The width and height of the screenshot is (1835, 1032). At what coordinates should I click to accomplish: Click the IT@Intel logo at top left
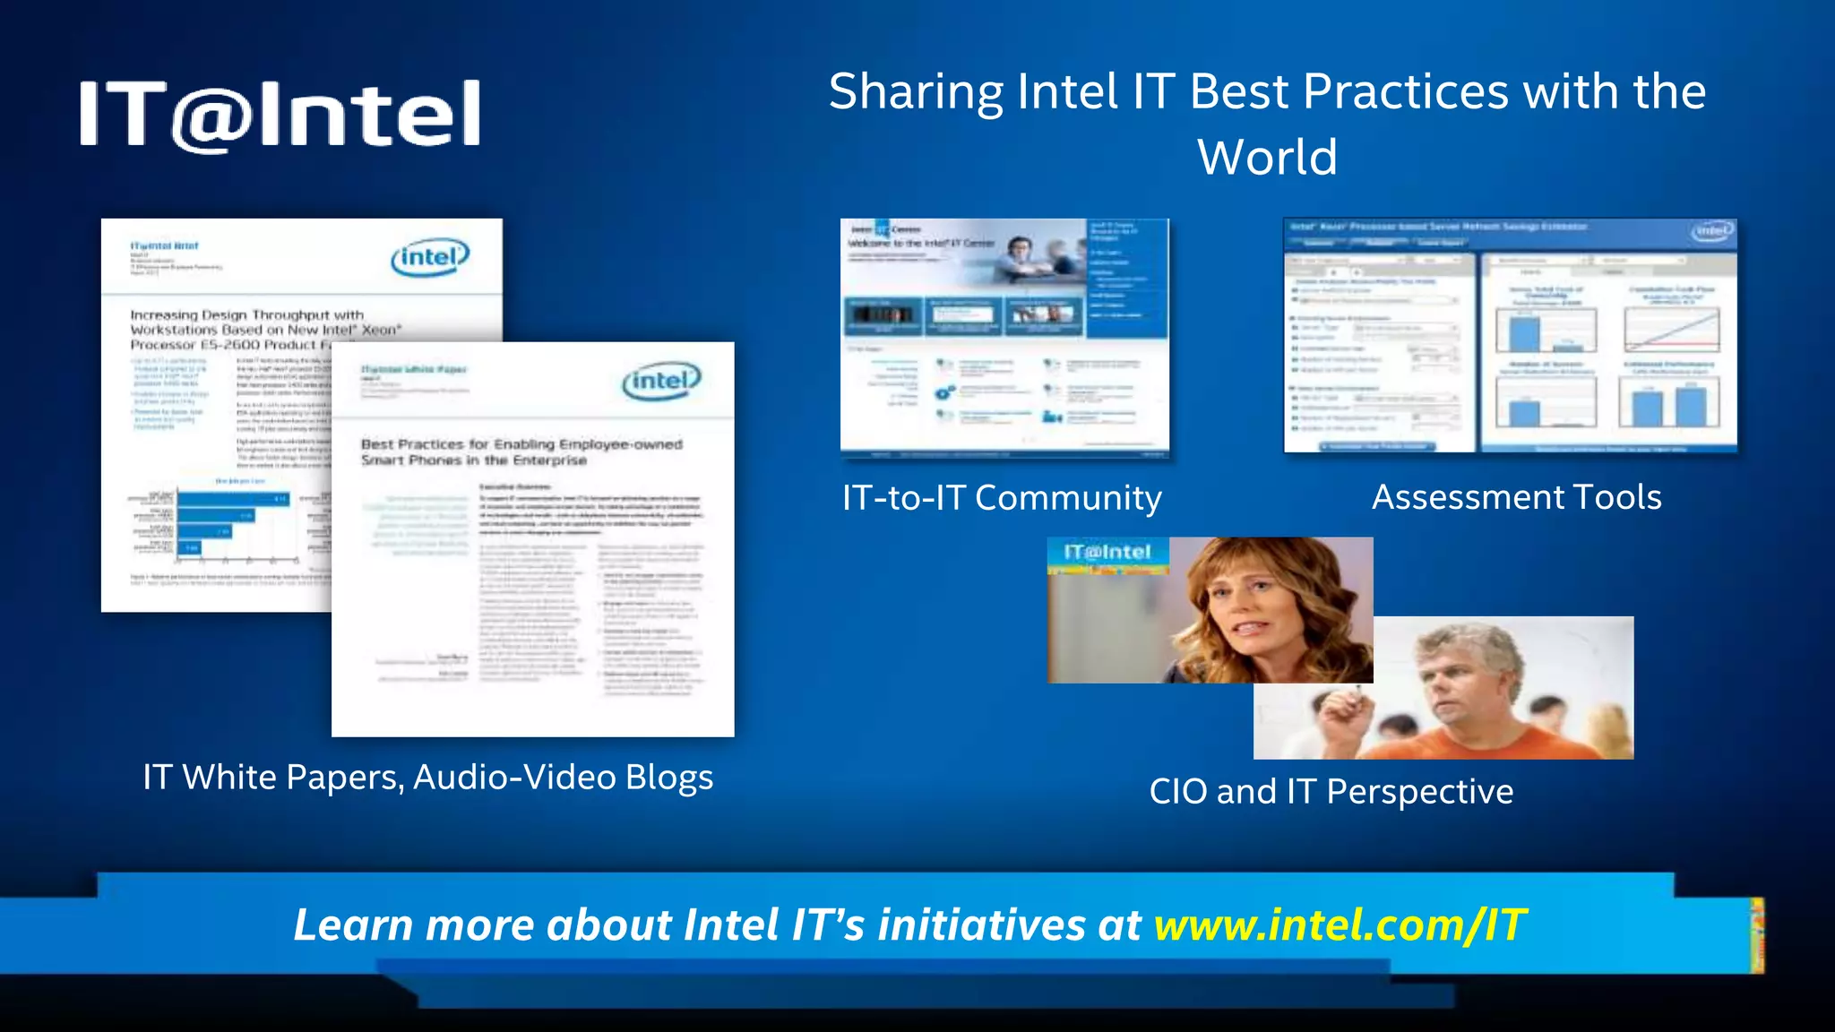[x=280, y=114]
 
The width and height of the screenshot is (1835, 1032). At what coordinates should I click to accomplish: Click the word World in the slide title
[x=1267, y=158]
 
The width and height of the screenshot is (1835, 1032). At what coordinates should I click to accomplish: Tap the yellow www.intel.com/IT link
[x=1340, y=925]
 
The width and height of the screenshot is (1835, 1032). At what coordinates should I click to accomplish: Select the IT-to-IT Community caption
[x=1002, y=498]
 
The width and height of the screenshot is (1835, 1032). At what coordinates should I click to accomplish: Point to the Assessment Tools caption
[x=1516, y=497]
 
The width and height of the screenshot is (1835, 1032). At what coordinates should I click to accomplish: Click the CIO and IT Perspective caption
[x=1331, y=792]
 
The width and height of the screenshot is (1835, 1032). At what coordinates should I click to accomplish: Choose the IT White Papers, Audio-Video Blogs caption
[x=428, y=778]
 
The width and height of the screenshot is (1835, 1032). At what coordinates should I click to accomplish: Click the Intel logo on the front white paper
[x=661, y=382]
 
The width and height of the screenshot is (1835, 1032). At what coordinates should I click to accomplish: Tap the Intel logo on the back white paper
[x=430, y=258]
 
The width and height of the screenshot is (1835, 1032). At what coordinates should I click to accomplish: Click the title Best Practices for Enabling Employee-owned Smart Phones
[x=521, y=451]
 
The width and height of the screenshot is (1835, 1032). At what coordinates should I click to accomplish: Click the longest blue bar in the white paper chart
[x=233, y=498]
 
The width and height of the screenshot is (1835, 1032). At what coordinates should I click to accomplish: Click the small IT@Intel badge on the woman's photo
[x=1107, y=553]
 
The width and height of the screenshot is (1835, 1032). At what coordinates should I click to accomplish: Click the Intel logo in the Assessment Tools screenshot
[x=1712, y=231]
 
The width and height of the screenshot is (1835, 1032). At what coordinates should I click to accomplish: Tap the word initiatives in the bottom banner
[x=981, y=925]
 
